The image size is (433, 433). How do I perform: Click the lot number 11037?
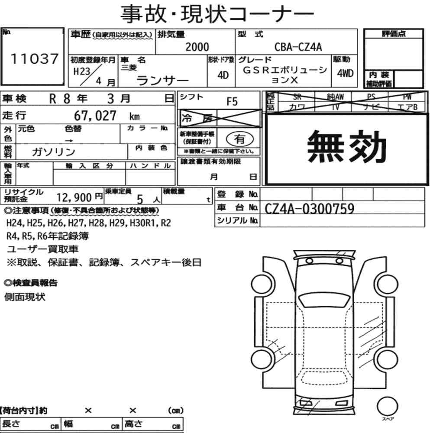click(x=35, y=59)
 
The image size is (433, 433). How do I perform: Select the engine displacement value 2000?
click(x=197, y=47)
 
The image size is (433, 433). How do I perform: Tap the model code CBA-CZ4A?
click(x=298, y=47)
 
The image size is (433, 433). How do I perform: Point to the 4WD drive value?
click(x=345, y=74)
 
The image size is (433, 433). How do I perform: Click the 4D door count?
click(x=223, y=75)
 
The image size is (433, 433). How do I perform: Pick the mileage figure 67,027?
click(x=95, y=116)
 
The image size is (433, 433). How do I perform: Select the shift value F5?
click(x=232, y=102)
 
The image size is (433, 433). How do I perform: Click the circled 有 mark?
click(x=240, y=139)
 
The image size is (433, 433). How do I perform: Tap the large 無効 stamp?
click(x=346, y=147)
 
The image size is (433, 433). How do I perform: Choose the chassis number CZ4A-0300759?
click(x=309, y=209)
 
